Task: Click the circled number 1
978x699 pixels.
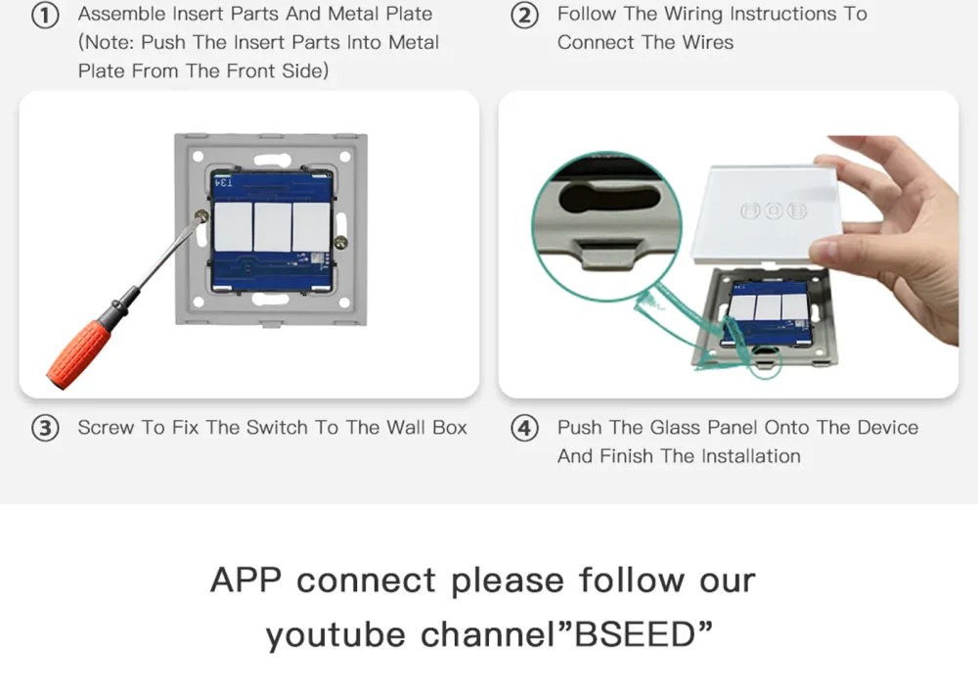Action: tap(45, 15)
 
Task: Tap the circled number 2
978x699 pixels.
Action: tap(524, 15)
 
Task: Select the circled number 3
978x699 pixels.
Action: tap(45, 428)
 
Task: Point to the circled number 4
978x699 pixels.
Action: tap(524, 428)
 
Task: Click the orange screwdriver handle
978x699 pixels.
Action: tap(80, 353)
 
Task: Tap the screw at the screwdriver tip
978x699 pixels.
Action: tap(200, 216)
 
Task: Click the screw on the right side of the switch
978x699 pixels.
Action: tap(341, 242)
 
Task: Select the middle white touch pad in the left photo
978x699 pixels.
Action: tap(273, 226)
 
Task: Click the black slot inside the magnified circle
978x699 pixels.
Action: tap(608, 196)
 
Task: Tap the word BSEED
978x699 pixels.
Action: tap(635, 634)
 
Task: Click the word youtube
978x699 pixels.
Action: tap(335, 635)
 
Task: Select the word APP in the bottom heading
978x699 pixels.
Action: tap(245, 580)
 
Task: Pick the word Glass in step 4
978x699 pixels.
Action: tap(677, 428)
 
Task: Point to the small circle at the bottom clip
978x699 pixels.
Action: tap(765, 362)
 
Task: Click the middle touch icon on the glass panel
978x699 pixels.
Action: tap(774, 210)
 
